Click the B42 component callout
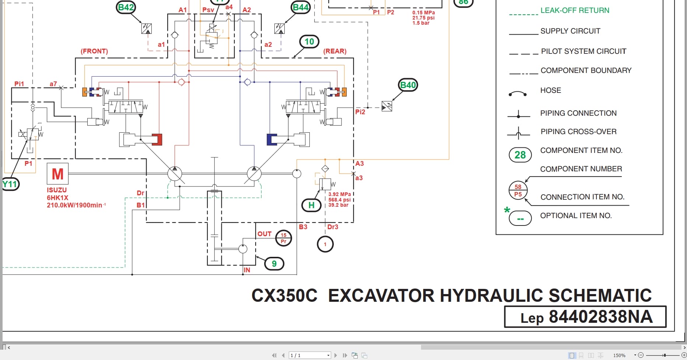click(126, 7)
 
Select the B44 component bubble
click(301, 7)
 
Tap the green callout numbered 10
click(309, 42)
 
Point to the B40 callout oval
click(408, 85)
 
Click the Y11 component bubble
click(10, 184)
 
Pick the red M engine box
click(57, 174)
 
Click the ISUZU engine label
click(57, 190)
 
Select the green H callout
click(311, 205)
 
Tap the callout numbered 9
click(274, 263)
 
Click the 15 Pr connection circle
click(283, 238)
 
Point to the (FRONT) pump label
click(94, 51)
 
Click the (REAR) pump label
click(335, 51)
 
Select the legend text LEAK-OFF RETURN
click(575, 10)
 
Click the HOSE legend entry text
click(550, 90)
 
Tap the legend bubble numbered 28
click(520, 155)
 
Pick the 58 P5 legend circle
click(518, 191)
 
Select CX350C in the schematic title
click(284, 296)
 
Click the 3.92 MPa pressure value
click(339, 194)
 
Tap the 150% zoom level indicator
click(619, 355)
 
